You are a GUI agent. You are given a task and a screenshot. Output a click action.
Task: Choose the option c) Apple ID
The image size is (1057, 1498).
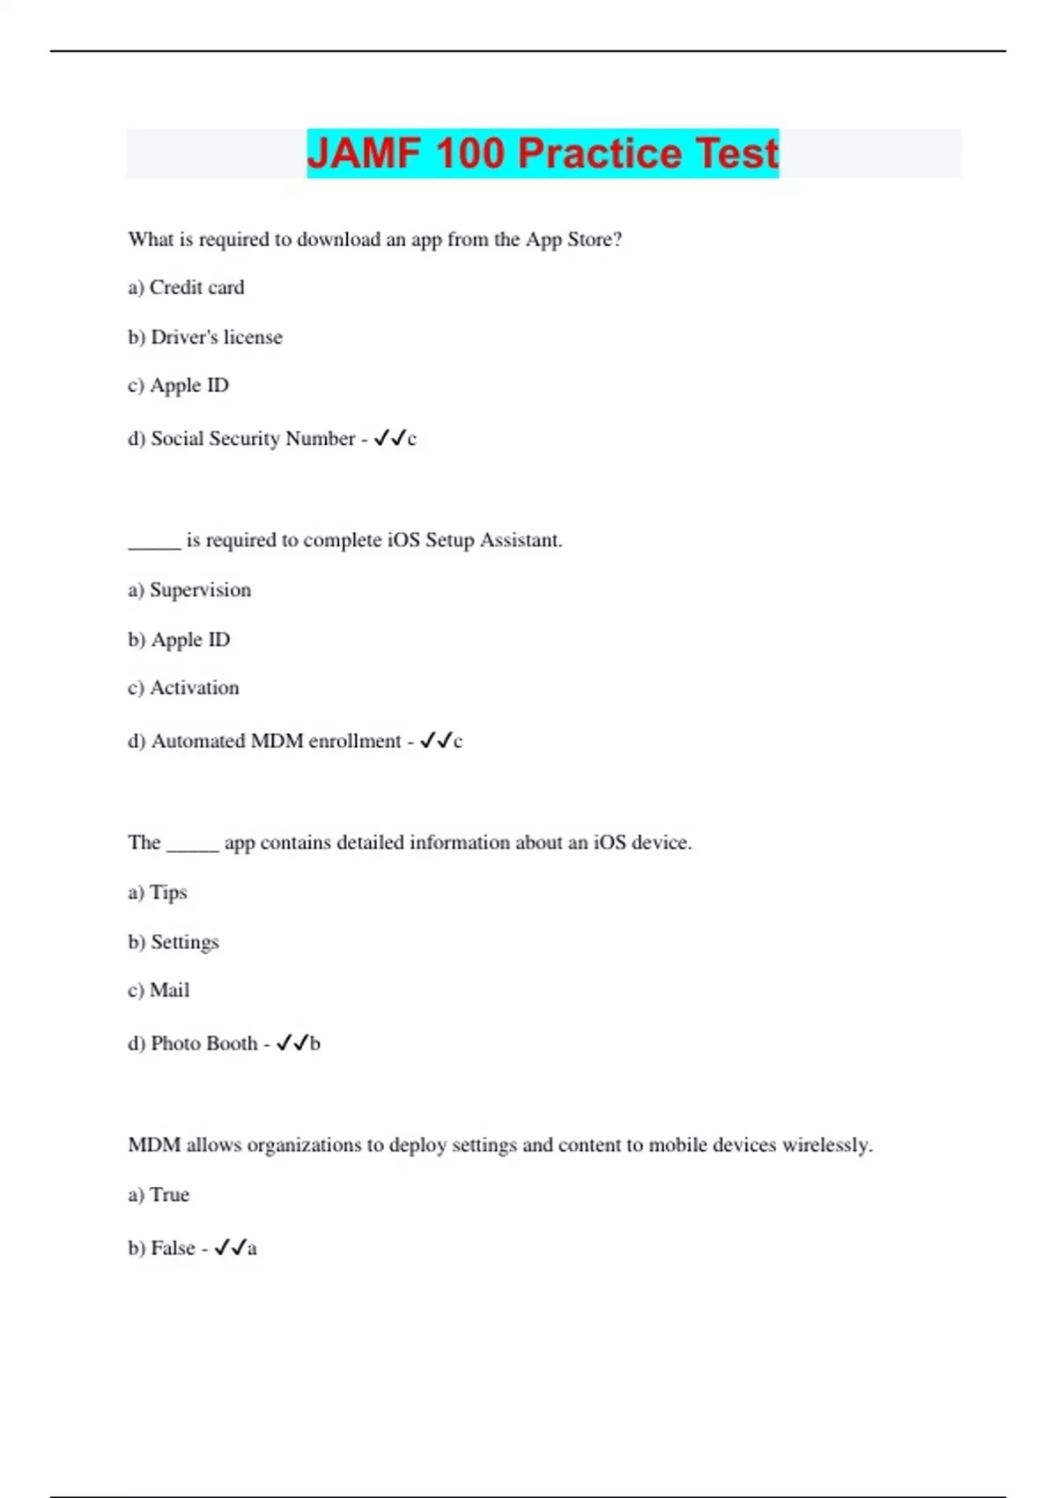(179, 385)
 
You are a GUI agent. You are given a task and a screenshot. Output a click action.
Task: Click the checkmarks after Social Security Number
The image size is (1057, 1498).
(390, 438)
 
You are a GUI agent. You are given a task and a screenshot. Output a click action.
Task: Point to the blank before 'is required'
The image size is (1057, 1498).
(154, 541)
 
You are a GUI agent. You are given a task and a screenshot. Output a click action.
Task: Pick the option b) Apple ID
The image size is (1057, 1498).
(179, 640)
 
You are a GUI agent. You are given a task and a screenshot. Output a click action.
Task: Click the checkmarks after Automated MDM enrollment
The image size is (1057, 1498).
(436, 741)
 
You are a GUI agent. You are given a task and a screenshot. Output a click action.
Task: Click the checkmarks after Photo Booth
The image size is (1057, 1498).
(292, 1043)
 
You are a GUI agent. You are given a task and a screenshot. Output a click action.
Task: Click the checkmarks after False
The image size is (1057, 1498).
(230, 1248)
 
